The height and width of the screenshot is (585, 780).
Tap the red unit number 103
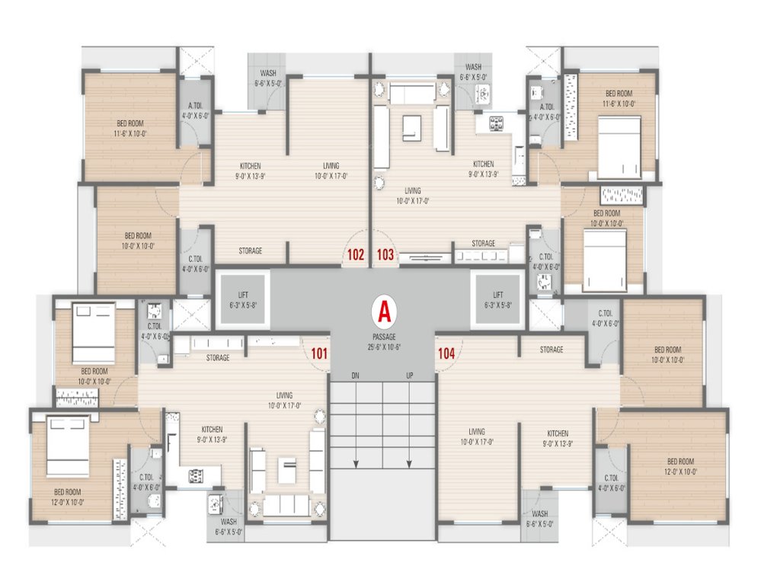tap(385, 254)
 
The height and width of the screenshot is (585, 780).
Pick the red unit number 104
tap(446, 352)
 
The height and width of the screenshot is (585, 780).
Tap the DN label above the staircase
tap(355, 376)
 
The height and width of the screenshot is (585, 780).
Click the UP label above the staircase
tap(409, 376)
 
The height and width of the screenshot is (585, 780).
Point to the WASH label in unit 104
tap(539, 517)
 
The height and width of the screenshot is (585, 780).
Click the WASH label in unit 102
tap(267, 78)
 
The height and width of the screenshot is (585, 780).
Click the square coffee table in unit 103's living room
tap(411, 126)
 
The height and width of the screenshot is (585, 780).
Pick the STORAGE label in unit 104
tap(551, 350)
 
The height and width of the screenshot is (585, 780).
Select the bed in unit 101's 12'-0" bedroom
tap(70, 446)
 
